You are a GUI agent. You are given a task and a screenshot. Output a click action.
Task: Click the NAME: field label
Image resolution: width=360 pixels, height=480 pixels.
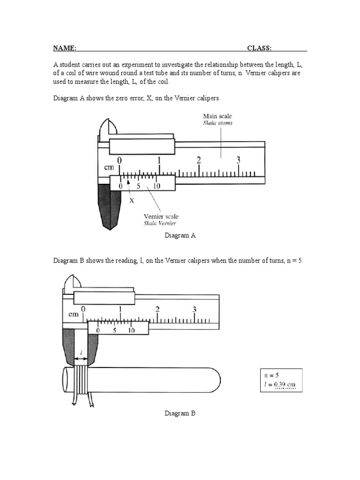click(65, 48)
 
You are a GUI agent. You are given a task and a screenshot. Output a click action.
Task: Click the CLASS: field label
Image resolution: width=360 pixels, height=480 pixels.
click(260, 48)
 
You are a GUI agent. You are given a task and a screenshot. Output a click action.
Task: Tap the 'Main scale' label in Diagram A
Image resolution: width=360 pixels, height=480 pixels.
click(217, 116)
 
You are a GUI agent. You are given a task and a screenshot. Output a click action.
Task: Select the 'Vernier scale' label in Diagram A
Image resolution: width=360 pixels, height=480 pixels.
click(161, 217)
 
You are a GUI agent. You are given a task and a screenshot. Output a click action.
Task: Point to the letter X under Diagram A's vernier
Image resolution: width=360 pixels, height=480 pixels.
click(132, 200)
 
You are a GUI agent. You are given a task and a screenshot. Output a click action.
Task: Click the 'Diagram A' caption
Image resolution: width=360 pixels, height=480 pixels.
click(180, 236)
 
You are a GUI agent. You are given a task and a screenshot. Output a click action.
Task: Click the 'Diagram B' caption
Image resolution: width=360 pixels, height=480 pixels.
click(180, 413)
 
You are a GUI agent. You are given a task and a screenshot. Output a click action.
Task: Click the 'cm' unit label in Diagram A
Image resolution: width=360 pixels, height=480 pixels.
click(108, 167)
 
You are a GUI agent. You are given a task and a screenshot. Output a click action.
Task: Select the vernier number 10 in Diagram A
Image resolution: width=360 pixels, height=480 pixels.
click(157, 186)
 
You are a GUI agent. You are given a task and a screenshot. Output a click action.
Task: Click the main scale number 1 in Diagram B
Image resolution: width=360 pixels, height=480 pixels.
click(120, 309)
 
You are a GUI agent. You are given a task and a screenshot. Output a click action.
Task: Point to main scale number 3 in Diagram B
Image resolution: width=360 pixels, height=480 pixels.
click(195, 309)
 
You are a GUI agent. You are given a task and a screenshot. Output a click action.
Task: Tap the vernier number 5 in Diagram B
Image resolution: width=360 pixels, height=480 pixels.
click(114, 330)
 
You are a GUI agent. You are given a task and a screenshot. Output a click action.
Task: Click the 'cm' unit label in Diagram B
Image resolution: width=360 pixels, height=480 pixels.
click(74, 315)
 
